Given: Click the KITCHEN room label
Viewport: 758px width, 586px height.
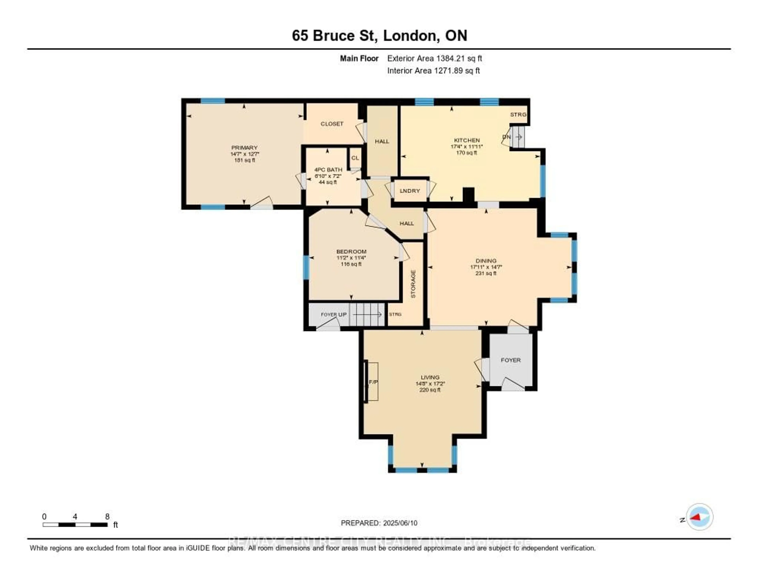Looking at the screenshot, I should point(467,140).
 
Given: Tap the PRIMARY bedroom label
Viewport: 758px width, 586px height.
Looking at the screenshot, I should point(244,148).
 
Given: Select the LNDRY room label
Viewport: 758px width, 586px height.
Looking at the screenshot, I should point(410,191).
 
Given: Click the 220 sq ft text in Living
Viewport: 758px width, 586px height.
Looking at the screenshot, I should point(430,390).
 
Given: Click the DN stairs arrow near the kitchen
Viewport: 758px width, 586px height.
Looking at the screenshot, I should point(519,137).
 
